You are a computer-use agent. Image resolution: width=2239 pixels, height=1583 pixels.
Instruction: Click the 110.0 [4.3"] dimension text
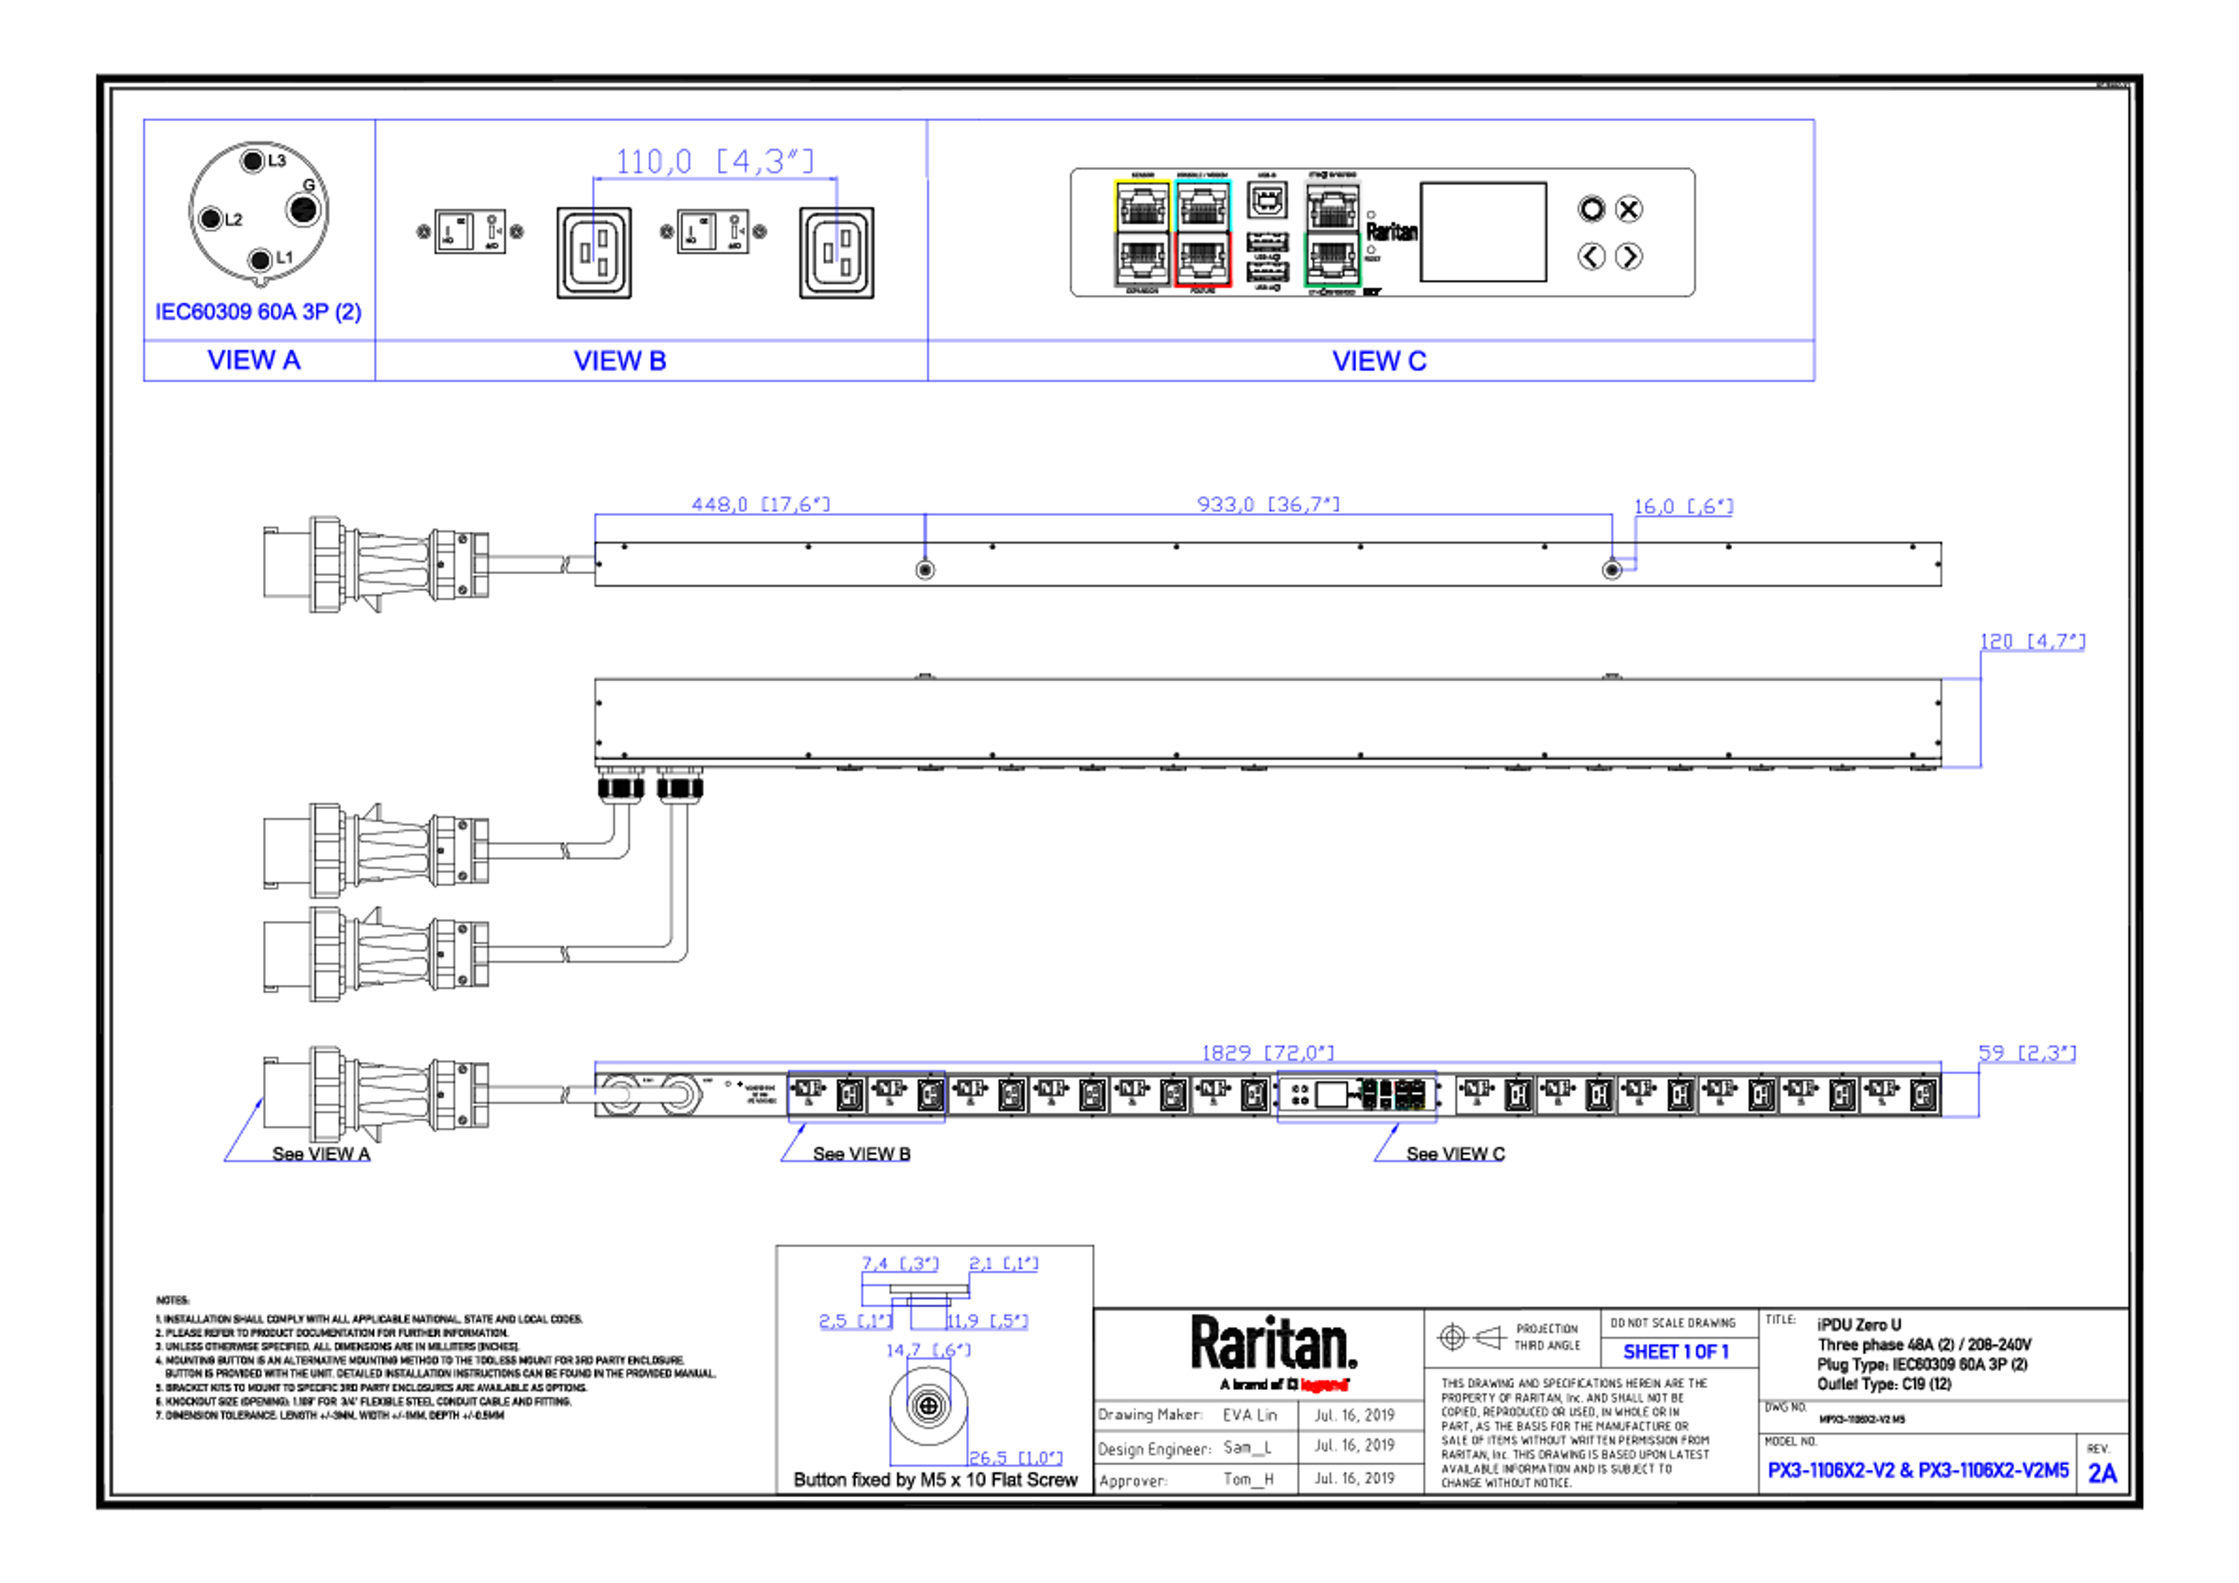[714, 159]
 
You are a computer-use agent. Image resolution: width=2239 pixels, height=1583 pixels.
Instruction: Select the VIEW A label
[255, 361]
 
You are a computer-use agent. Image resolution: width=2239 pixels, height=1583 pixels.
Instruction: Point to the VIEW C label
[1379, 361]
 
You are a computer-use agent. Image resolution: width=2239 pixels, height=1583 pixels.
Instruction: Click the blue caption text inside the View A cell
[258, 312]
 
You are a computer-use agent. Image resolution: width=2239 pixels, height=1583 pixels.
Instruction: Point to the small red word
[1324, 1385]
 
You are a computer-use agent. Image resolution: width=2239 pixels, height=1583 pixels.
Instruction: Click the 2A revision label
[2103, 1473]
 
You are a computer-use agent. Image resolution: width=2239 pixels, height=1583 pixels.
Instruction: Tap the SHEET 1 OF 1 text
[1675, 1352]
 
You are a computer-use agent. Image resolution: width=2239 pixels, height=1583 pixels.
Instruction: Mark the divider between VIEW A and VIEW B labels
[374, 361]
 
